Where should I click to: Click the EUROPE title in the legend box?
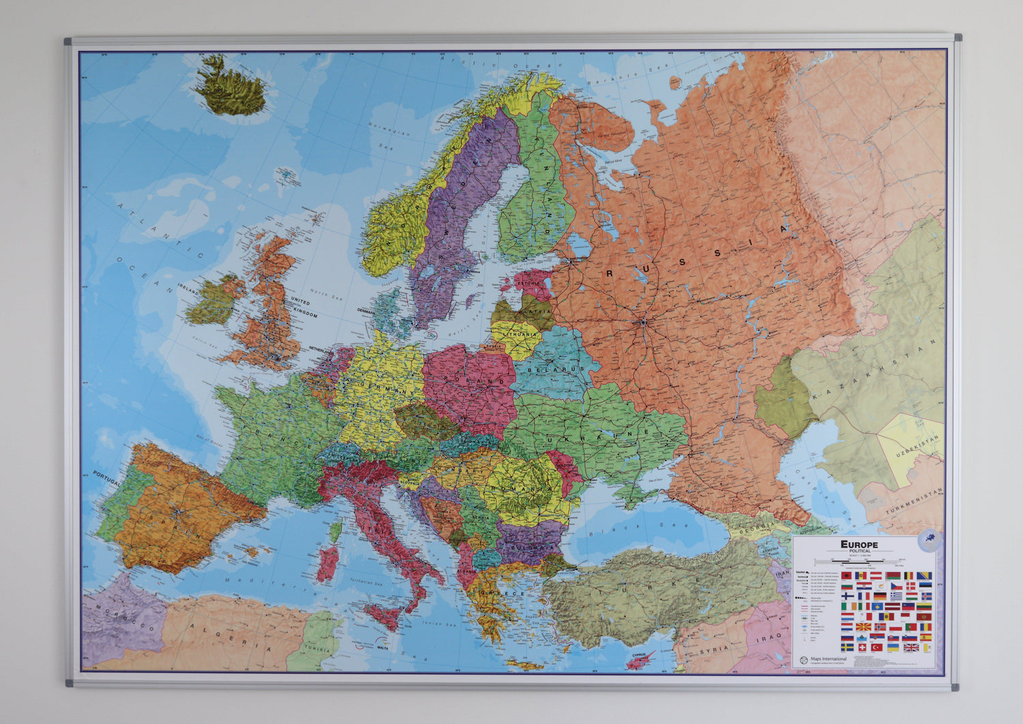859,544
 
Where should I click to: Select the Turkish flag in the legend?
877,647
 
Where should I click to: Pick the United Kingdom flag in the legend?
910,648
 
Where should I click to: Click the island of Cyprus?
640,658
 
